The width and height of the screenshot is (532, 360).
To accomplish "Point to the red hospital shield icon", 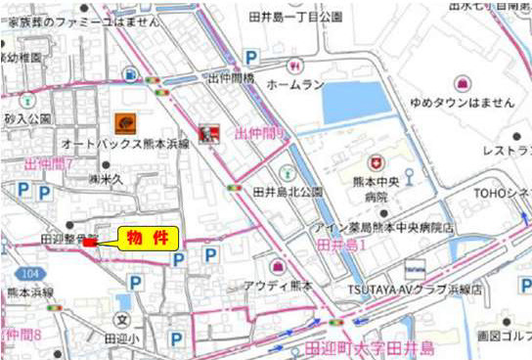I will (x=374, y=162).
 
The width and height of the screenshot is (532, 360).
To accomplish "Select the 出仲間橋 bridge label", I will (x=231, y=77).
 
